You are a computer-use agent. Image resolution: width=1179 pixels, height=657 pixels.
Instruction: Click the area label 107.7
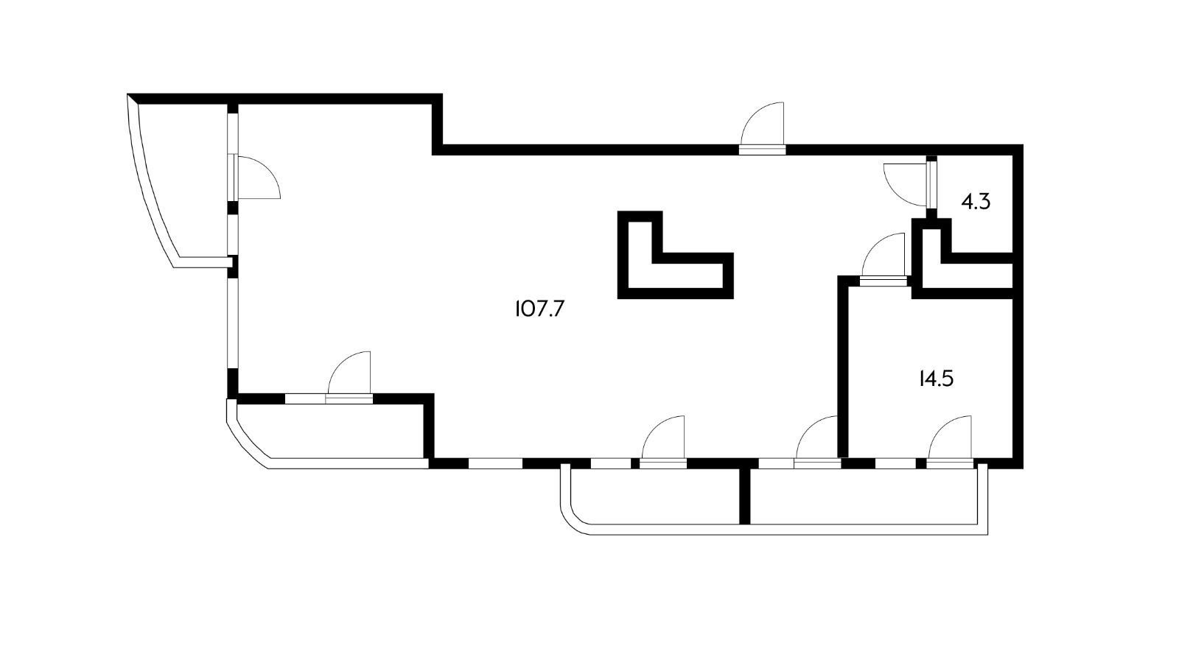pos(539,309)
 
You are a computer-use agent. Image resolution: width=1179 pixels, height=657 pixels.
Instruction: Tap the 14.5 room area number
pos(936,379)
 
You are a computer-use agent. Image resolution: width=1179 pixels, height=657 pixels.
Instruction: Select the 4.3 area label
pos(976,201)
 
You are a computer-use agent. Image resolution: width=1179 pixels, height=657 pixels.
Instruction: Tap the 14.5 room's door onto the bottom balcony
pos(951,442)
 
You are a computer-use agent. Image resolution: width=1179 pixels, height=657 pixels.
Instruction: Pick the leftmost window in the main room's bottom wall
pos(495,464)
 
